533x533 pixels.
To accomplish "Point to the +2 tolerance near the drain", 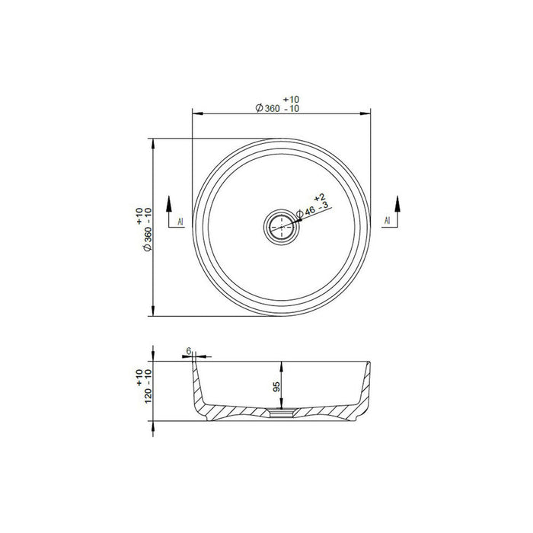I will click(319, 196).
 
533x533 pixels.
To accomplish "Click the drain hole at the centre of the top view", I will click(281, 227).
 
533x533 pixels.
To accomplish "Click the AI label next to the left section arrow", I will click(180, 222).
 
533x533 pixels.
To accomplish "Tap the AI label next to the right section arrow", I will click(387, 222).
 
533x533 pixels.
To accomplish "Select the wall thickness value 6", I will click(187, 350).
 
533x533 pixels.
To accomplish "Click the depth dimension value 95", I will click(278, 387).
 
